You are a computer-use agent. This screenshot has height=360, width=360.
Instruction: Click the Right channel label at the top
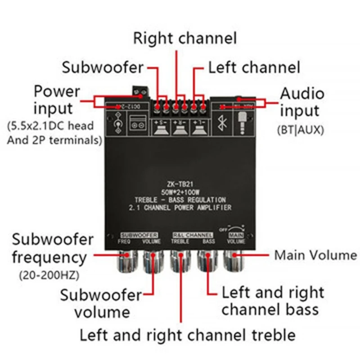(x=184, y=38)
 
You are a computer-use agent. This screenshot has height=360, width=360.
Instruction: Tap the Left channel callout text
(x=254, y=67)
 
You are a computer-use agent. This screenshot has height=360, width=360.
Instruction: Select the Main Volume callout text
(x=315, y=255)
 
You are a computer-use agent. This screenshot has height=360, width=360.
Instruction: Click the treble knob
(x=180, y=261)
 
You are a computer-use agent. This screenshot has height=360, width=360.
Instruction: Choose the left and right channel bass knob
(x=208, y=261)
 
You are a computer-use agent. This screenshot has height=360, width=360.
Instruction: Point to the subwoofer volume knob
(x=152, y=261)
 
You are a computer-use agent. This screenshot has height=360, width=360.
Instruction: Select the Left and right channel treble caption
(x=187, y=335)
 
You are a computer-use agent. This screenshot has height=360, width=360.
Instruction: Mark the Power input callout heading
(x=57, y=99)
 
